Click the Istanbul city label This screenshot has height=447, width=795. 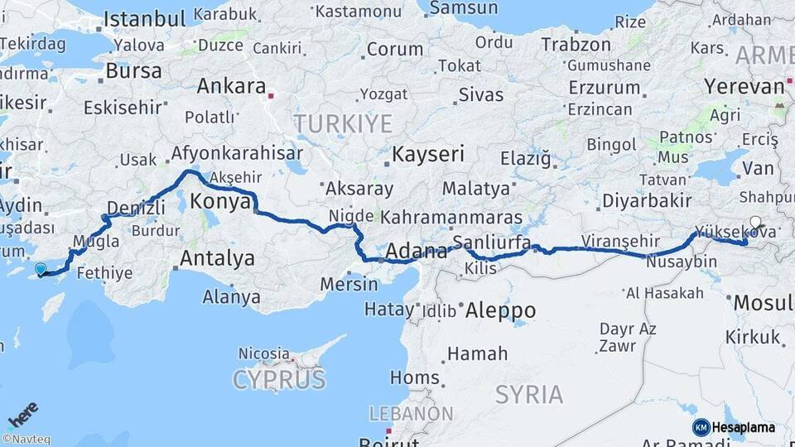coord(144,19)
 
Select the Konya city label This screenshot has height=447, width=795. coord(219,201)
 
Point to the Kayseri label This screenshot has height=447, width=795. coord(427,155)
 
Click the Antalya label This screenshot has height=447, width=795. coord(217,258)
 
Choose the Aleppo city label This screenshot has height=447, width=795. coord(500,310)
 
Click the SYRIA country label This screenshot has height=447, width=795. coord(529,394)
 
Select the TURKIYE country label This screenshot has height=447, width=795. coord(342,124)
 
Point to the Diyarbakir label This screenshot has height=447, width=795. coord(634,201)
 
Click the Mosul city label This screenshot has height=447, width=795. coord(764,302)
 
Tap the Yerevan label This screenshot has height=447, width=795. coord(743,87)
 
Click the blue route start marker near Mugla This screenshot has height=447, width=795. coord(41,268)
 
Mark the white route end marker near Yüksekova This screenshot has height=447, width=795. coord(754,222)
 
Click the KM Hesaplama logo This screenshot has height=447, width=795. coord(734,427)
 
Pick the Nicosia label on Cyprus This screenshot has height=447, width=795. coord(264,353)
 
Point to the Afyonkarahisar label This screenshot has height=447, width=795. coord(237,154)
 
